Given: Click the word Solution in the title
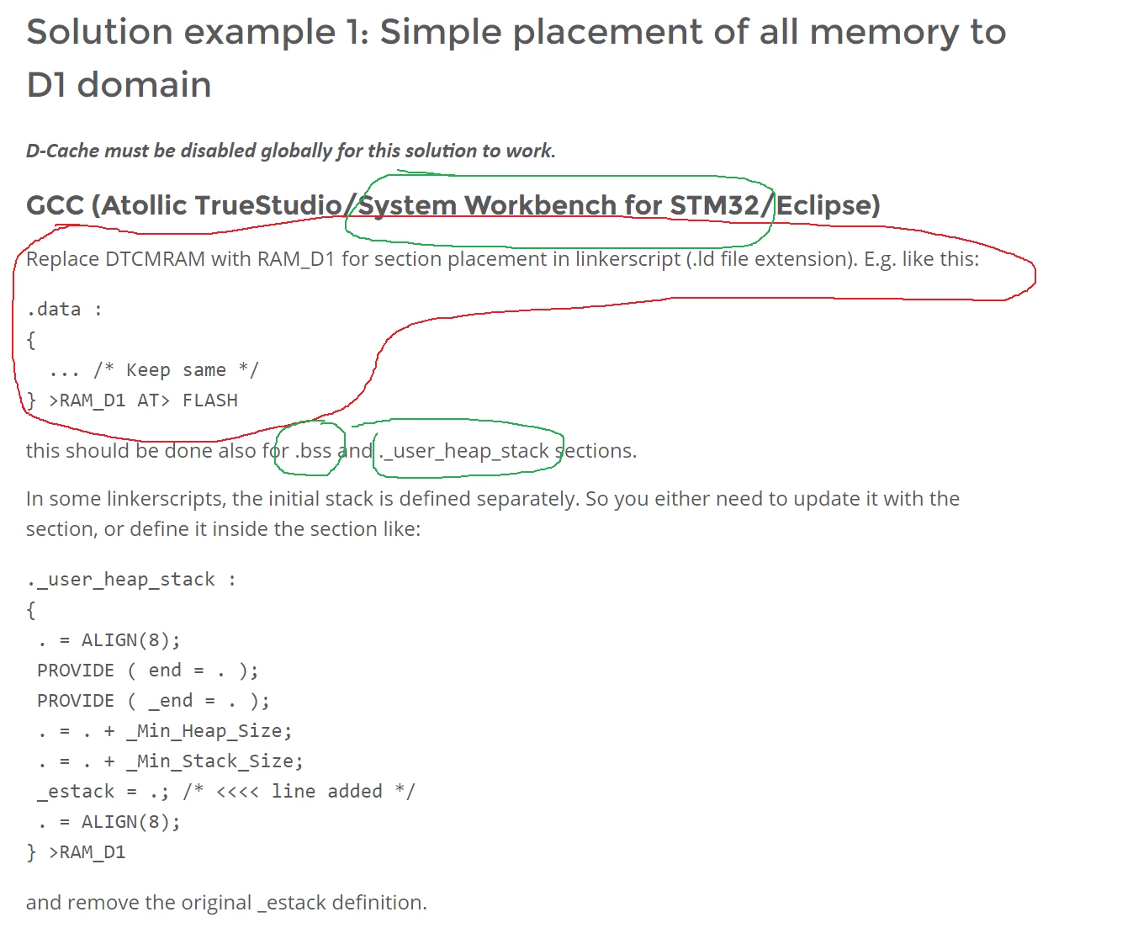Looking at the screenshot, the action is tap(99, 31).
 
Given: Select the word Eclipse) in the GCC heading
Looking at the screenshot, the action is tap(828, 205).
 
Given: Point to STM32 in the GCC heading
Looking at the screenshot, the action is tap(714, 205).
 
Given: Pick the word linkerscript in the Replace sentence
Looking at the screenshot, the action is tap(627, 259).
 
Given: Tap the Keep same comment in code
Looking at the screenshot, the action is tap(176, 369).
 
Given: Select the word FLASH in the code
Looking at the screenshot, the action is tap(210, 400).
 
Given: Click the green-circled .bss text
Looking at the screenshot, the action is tap(313, 451).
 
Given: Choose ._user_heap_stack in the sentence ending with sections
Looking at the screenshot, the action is tap(464, 451).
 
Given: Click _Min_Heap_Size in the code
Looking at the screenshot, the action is tap(209, 731).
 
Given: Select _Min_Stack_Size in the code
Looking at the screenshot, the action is tap(214, 761).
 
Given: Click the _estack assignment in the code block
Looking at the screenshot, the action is tap(103, 792).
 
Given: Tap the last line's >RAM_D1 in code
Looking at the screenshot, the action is tap(87, 852).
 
